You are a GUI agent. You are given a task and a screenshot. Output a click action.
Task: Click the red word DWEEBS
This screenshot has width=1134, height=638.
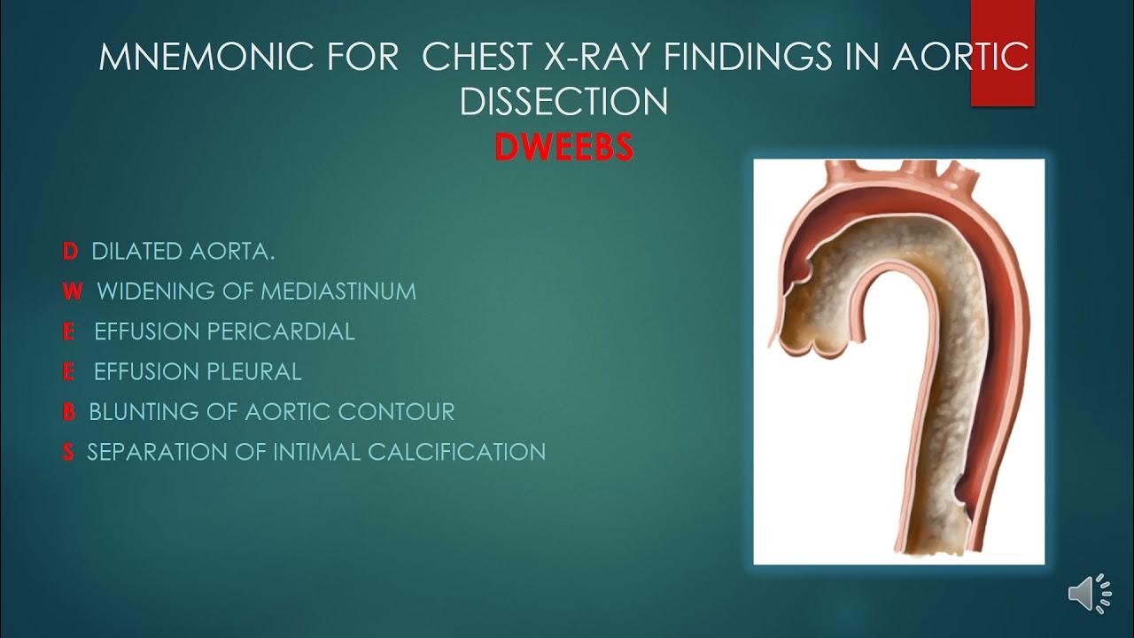click(563, 147)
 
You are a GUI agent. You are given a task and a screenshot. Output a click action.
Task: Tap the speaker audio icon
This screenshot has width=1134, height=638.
click(1089, 593)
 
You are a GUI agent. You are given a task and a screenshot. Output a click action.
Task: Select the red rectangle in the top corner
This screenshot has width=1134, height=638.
click(1002, 53)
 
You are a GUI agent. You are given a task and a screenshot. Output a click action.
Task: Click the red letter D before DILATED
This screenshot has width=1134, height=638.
click(70, 252)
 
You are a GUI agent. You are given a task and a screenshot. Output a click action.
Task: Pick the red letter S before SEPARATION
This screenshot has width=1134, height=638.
click(68, 452)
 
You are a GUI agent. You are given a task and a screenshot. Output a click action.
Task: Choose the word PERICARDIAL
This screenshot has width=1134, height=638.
click(281, 331)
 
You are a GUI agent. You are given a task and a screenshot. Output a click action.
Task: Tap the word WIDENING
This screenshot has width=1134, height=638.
click(144, 292)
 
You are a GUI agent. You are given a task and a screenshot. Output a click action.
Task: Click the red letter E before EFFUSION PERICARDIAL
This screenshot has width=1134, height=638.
click(68, 331)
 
